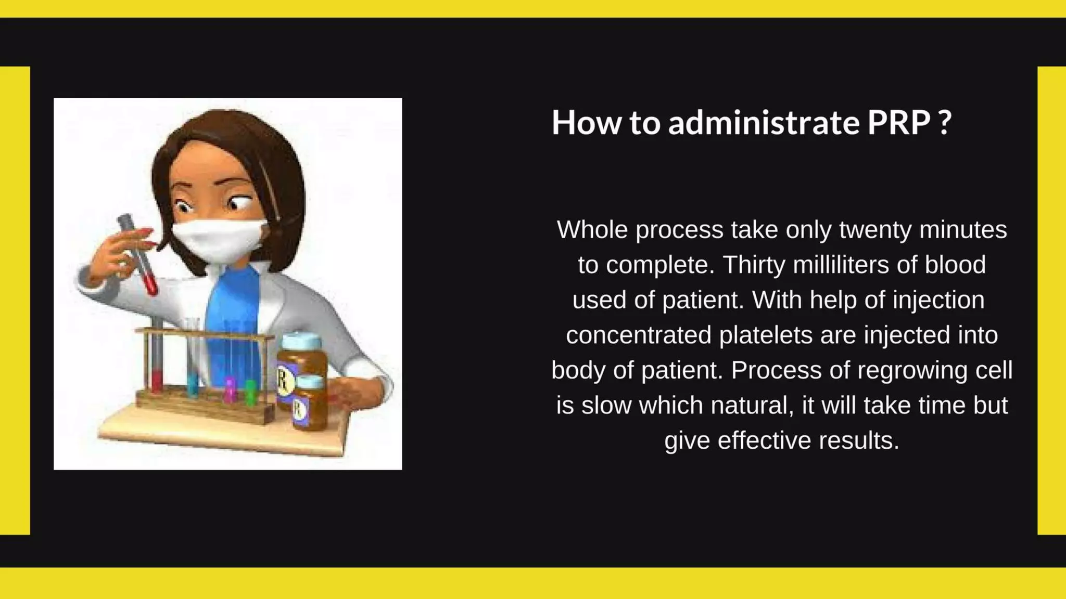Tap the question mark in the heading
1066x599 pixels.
click(x=946, y=123)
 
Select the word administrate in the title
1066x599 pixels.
click(x=764, y=123)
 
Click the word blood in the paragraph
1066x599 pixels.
click(x=955, y=265)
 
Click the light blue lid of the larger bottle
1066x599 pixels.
click(x=301, y=341)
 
